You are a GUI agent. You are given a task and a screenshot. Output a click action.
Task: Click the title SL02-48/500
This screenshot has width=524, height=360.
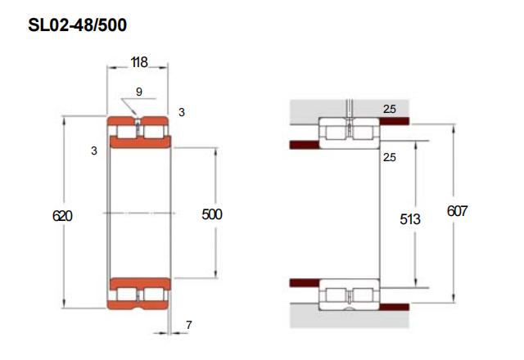tap(77, 25)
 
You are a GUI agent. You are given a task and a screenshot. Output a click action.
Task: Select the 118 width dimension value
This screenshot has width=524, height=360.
tap(139, 62)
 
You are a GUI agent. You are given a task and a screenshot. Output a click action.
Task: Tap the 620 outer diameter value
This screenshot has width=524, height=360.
tap(62, 216)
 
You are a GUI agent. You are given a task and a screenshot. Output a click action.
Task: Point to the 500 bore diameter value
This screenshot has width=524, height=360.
tap(212, 214)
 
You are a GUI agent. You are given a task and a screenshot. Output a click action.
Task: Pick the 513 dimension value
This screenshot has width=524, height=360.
tap(410, 219)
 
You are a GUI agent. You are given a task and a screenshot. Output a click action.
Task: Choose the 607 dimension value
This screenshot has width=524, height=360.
tap(457, 211)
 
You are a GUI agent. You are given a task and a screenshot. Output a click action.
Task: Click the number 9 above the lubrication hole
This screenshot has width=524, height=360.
tap(139, 92)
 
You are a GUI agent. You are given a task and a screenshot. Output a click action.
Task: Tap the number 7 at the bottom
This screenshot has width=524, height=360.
tap(189, 325)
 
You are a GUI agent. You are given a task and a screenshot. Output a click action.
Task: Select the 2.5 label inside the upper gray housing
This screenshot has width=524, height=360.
tap(390, 109)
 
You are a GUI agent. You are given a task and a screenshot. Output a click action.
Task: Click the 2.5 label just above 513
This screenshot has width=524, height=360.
tap(390, 157)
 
